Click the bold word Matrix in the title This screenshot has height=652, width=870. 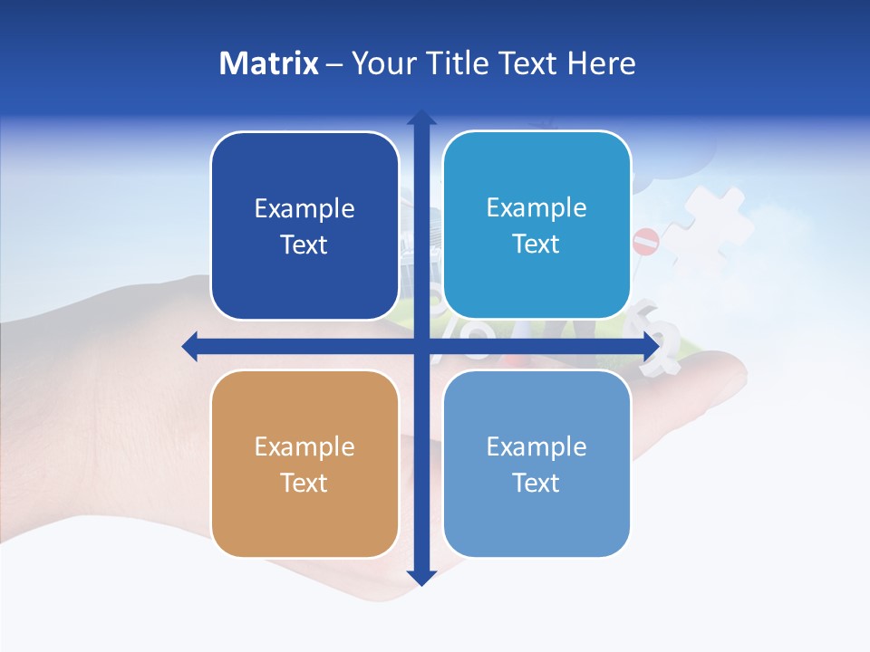(269, 63)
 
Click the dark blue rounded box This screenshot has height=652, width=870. (304, 225)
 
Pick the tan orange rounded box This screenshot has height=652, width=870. (304, 464)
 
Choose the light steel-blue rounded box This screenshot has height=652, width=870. (536, 464)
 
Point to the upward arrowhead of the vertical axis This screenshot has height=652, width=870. (421, 118)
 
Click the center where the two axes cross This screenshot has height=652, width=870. (421, 346)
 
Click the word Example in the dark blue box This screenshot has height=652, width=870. (304, 209)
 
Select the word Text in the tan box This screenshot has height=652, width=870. (304, 484)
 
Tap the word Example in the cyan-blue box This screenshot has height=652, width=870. (536, 208)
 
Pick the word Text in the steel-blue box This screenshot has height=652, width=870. (536, 484)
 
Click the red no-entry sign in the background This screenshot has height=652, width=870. (646, 242)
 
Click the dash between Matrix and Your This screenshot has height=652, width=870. (334, 64)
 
